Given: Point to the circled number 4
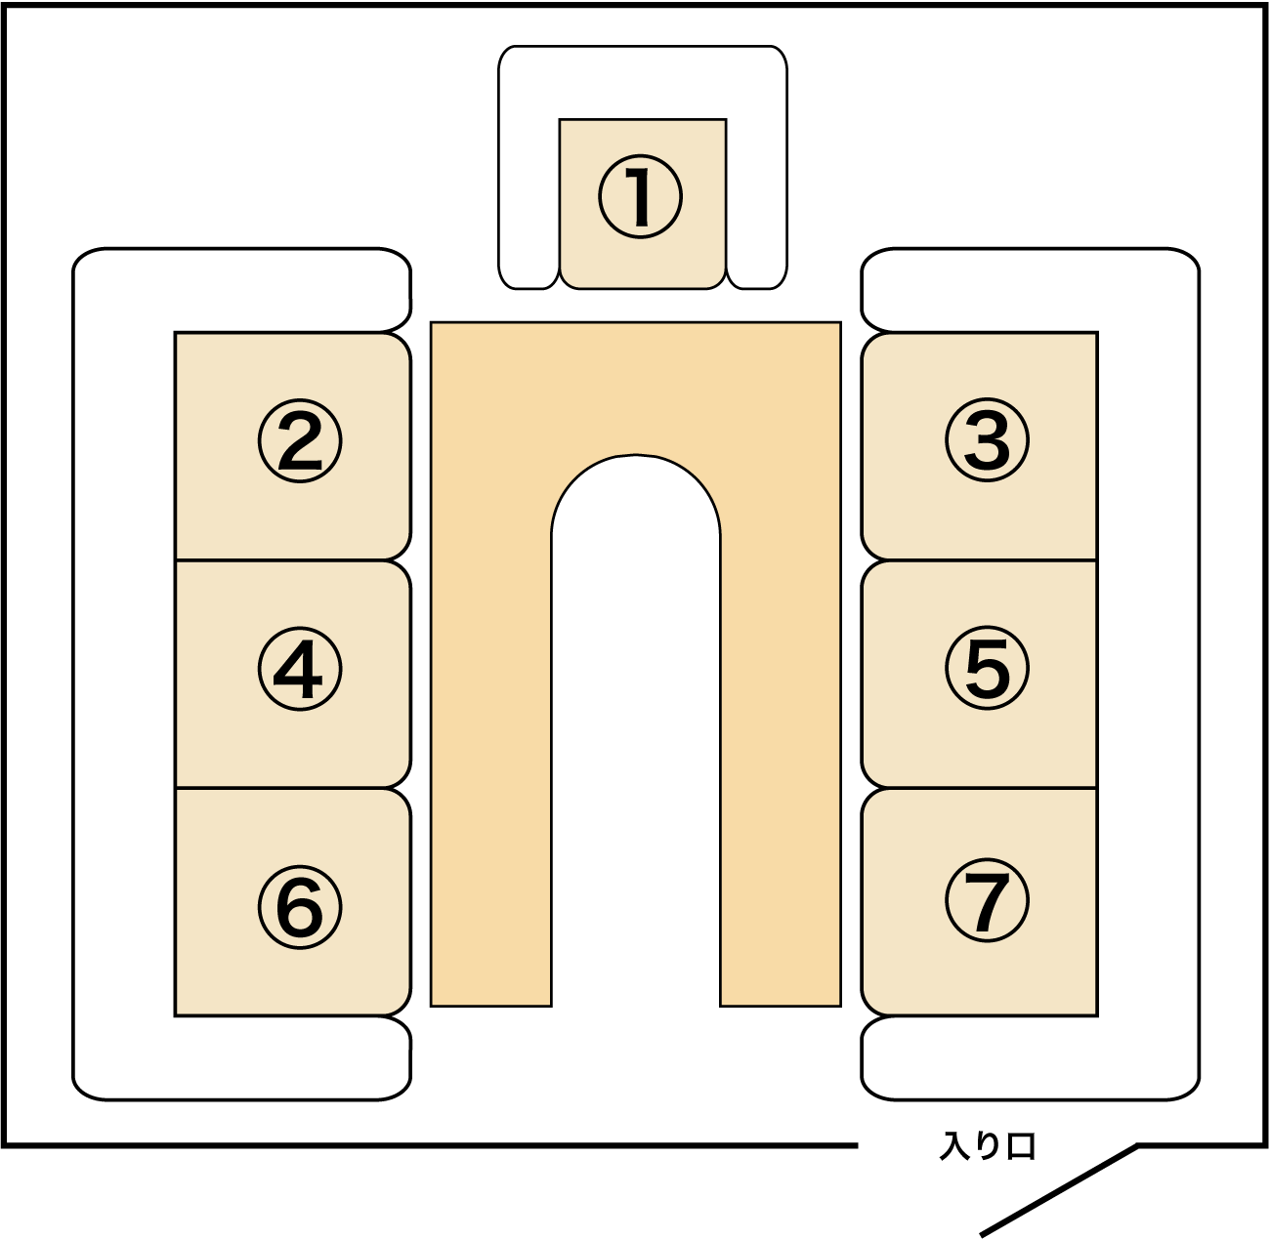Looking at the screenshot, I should tap(300, 670).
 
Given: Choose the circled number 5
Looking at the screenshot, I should tap(987, 670).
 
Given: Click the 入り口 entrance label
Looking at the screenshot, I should tap(987, 1146).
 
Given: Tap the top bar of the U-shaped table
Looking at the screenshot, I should tap(636, 386).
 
